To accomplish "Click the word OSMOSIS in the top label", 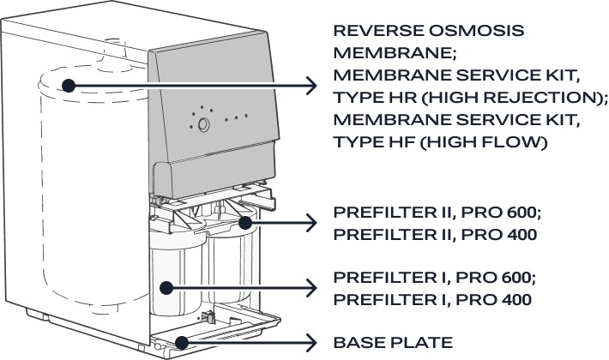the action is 477,31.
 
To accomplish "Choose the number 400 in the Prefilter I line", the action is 514,299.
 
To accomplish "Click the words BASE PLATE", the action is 393,343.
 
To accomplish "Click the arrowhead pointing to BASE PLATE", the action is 312,343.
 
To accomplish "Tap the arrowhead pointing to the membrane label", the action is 312,86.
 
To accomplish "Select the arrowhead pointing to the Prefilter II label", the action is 312,223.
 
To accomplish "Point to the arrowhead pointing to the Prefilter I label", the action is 312,288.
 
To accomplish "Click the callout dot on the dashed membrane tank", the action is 69,86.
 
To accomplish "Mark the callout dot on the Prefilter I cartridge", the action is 166,288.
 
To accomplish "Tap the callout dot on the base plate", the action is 181,343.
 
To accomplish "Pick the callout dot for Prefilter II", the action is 244,223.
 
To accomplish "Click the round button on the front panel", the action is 203,124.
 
